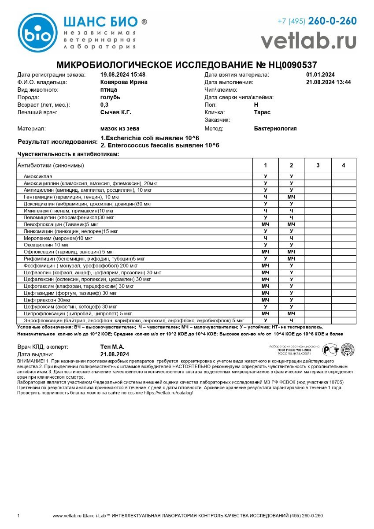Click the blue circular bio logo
click(37, 33)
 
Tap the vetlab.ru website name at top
click(308, 41)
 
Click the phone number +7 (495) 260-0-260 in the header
click(317, 21)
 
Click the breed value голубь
click(110, 97)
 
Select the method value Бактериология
click(275, 128)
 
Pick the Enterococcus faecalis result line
click(159, 145)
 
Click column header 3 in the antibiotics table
click(318, 165)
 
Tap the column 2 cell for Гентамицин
click(291, 197)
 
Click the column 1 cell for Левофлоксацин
click(265, 224)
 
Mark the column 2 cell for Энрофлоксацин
click(291, 320)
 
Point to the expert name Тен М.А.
click(112, 347)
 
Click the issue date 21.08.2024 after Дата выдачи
click(115, 354)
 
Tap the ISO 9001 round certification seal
click(348, 350)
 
